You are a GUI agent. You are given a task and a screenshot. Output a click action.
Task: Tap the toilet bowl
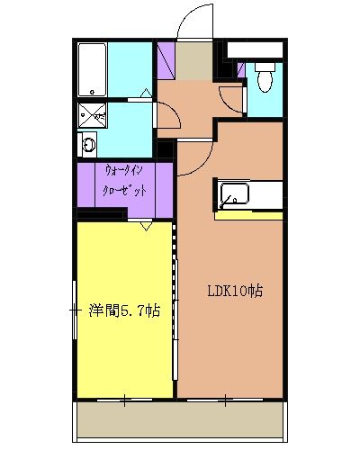(265, 78)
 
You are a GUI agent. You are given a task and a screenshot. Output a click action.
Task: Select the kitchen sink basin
(233, 193)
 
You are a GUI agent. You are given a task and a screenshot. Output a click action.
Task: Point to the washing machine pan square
(92, 113)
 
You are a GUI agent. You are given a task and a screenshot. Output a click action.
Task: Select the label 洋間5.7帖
(124, 311)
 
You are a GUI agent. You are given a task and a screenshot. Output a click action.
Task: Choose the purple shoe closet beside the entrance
(165, 58)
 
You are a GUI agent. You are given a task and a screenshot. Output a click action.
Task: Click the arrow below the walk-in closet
(145, 226)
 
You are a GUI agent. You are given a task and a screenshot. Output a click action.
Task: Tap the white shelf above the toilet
(260, 49)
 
